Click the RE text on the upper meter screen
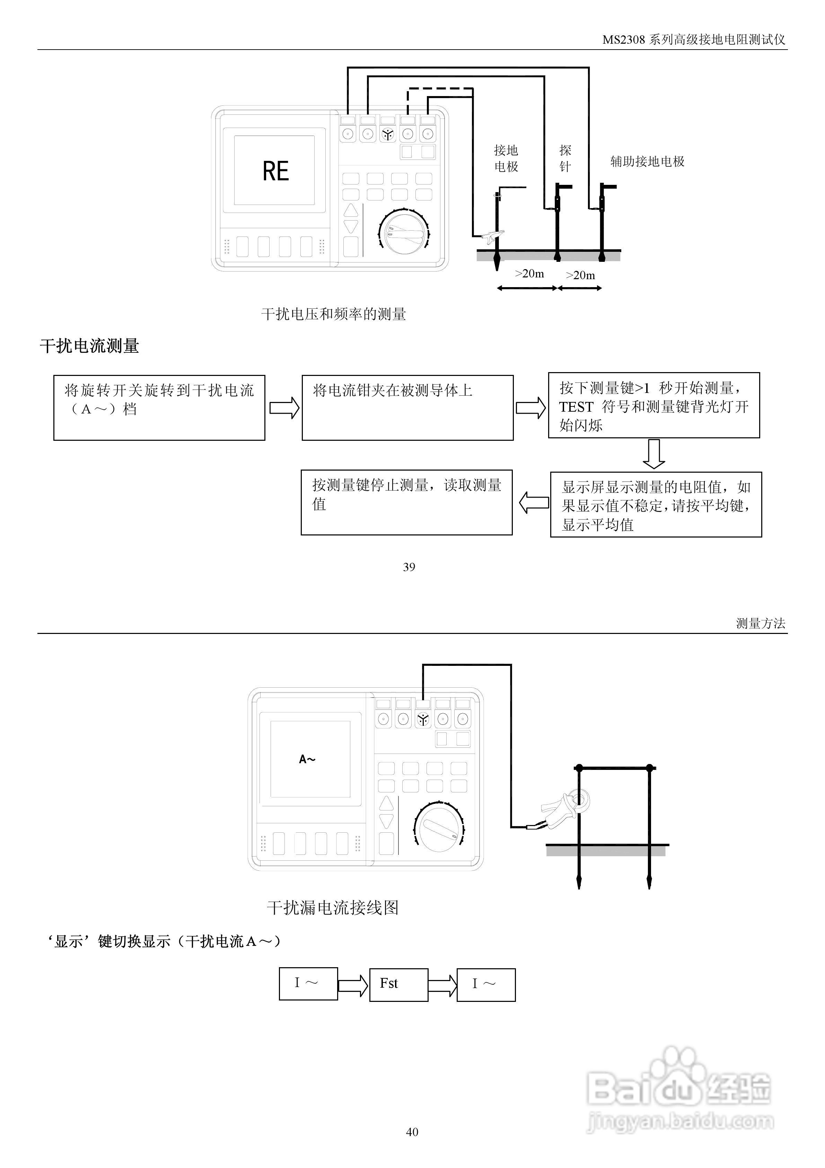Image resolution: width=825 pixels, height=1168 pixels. (275, 171)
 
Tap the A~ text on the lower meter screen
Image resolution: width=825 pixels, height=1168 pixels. (307, 759)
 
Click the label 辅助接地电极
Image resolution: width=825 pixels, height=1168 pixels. (647, 162)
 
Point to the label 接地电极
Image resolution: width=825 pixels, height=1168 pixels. (506, 158)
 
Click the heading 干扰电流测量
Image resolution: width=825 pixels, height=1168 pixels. (89, 346)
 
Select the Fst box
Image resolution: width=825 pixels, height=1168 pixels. (398, 984)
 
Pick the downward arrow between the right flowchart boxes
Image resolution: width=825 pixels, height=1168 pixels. (654, 453)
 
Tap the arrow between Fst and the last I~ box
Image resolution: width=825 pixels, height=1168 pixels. (442, 984)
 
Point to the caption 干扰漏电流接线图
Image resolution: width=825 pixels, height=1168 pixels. (333, 908)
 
